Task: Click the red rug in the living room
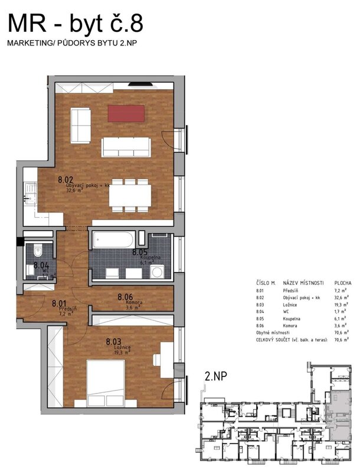click(126, 113)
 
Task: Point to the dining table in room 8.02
click(129, 194)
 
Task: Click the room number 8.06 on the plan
click(127, 297)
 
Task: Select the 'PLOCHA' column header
click(343, 283)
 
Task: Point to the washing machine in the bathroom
click(156, 272)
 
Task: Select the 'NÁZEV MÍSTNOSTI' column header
click(302, 283)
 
